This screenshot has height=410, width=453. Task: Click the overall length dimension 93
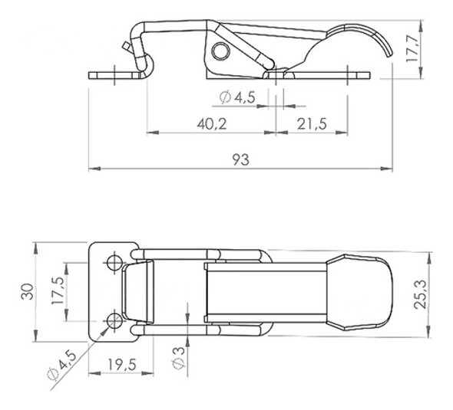(x=240, y=159)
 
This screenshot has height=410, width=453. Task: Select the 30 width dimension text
(x=28, y=293)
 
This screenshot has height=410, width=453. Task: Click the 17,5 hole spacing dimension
(x=56, y=292)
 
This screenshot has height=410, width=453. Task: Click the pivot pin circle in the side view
(x=221, y=51)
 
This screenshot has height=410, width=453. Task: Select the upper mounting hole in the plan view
(x=114, y=263)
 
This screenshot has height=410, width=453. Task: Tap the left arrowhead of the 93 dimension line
(x=93, y=169)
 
